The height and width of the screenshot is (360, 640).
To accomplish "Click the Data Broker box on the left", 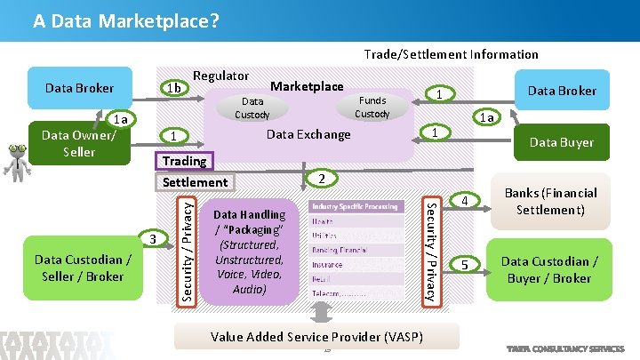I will [80, 88].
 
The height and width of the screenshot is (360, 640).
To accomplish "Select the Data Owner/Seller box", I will [80, 143].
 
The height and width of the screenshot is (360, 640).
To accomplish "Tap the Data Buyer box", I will [561, 142].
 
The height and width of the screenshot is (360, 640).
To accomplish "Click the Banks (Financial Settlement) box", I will [551, 202].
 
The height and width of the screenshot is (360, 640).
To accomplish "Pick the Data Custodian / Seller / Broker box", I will [81, 268].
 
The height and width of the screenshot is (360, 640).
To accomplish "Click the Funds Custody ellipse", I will [372, 107].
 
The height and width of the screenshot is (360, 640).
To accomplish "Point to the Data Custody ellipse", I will [252, 108].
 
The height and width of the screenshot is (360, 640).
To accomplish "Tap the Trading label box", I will [184, 161].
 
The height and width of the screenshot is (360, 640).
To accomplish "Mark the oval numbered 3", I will [153, 238].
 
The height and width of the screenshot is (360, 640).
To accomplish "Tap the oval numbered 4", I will [464, 202].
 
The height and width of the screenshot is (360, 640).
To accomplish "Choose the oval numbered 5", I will [464, 265].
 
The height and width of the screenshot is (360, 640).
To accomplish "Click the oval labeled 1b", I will [175, 88].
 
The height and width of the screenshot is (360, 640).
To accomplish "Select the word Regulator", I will [220, 76].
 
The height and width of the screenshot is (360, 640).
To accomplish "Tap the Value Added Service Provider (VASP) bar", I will [316, 336].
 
